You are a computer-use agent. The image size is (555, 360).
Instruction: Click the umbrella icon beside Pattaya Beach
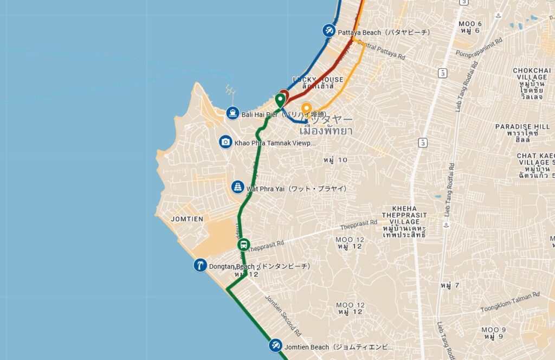[328, 31]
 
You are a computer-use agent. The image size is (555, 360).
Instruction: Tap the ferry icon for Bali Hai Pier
[233, 113]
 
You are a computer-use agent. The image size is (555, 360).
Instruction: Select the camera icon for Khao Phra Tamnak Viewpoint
[225, 142]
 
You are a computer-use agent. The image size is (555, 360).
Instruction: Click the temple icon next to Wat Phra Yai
[237, 187]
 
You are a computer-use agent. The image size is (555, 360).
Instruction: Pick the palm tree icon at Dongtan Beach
[201, 265]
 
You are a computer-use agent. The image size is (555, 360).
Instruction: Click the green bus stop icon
[244, 245]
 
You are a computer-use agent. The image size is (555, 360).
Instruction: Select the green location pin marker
[280, 100]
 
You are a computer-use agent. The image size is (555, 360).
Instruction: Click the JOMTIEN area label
[186, 218]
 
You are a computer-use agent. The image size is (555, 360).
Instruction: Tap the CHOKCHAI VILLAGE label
[531, 74]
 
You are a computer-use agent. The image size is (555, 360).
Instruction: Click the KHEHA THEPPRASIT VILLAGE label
[407, 215]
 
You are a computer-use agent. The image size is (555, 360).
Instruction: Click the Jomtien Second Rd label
[283, 316]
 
